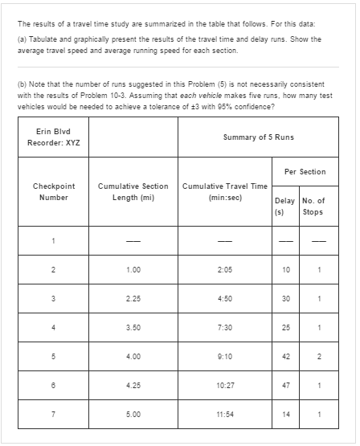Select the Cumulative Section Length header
tap(133, 191)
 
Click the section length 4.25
tap(133, 409)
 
